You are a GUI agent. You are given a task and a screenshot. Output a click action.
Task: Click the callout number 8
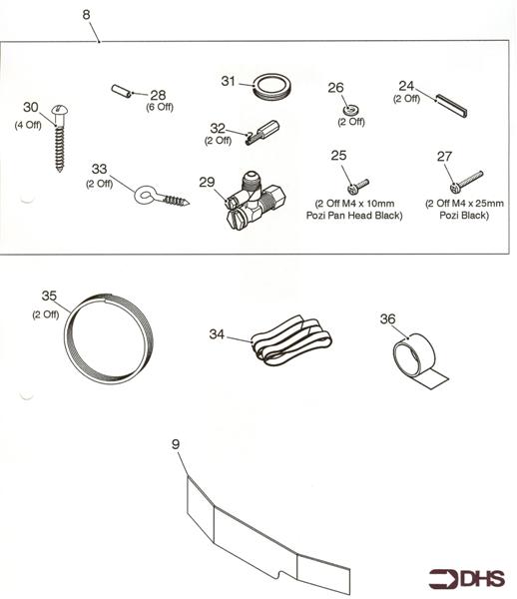(x=87, y=16)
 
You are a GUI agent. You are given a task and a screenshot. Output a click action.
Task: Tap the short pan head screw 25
(x=357, y=184)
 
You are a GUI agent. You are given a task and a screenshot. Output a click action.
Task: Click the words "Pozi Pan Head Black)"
(x=358, y=216)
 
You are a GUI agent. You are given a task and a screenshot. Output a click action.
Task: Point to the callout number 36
(x=387, y=318)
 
